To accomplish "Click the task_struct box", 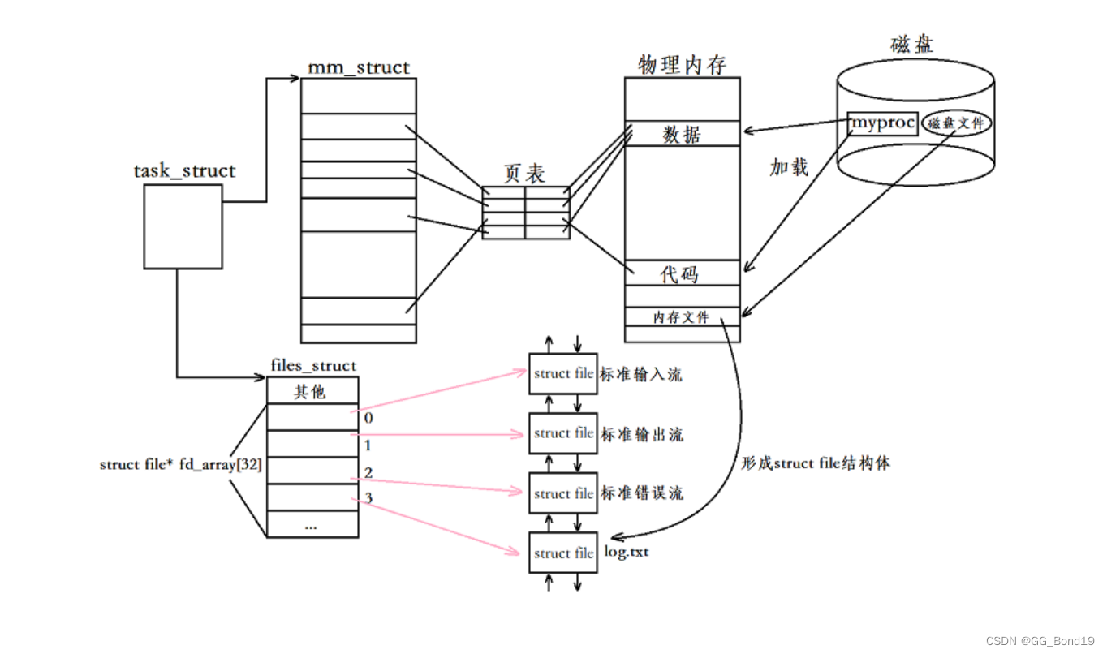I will (183, 226).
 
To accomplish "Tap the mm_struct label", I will (358, 67).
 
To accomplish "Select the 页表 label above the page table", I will (524, 174).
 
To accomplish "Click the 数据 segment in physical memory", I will (682, 135).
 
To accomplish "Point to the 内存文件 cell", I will (681, 317).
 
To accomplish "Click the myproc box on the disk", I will (882, 124).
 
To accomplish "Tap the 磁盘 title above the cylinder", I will (911, 44).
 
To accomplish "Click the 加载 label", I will (789, 167).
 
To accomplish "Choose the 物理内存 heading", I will (682, 64).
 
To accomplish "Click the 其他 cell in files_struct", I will (312, 391).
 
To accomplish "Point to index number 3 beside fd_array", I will (368, 497).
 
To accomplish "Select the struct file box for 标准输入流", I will (562, 374).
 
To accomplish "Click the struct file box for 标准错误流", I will (562, 493).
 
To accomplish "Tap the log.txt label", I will (627, 553).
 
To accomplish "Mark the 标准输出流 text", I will (642, 434).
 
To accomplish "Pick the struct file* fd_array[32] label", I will (179, 464).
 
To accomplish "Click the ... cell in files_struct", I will (312, 525).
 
